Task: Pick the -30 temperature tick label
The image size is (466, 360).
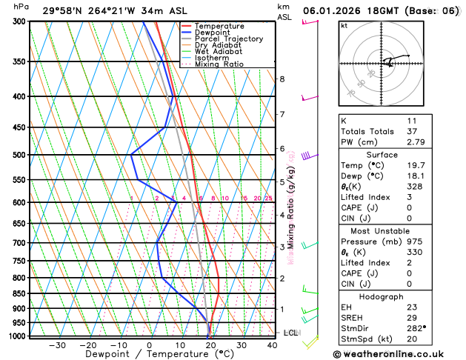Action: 56,345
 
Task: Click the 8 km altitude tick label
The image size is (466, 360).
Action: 282,79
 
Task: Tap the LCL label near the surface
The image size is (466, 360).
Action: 290,333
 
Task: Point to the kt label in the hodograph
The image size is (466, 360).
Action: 344,26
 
